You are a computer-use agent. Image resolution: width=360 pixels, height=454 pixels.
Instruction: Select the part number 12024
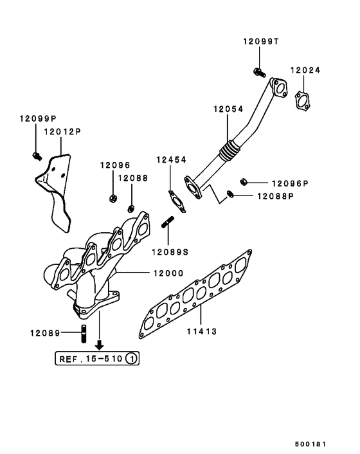pos(305,70)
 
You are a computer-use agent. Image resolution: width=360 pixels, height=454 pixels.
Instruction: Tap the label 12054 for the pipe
pos(228,109)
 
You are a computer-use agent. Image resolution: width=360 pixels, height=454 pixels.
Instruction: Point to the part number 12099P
pos(37,119)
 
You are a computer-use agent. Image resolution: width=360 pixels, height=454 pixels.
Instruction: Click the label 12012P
pos(62,132)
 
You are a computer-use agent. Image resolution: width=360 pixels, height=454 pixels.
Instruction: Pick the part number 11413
pos(202,332)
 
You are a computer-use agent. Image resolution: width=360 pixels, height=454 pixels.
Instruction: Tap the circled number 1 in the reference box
pos(130,358)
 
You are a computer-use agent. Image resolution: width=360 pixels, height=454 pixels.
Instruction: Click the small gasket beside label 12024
pos(301,100)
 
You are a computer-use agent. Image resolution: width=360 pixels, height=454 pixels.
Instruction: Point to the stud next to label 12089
pos(84,335)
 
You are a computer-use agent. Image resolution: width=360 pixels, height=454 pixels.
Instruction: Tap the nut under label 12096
pos(113,197)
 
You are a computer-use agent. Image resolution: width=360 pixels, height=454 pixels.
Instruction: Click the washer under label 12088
pos(131,208)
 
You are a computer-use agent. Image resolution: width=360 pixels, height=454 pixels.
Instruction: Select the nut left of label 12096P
pos(244,181)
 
